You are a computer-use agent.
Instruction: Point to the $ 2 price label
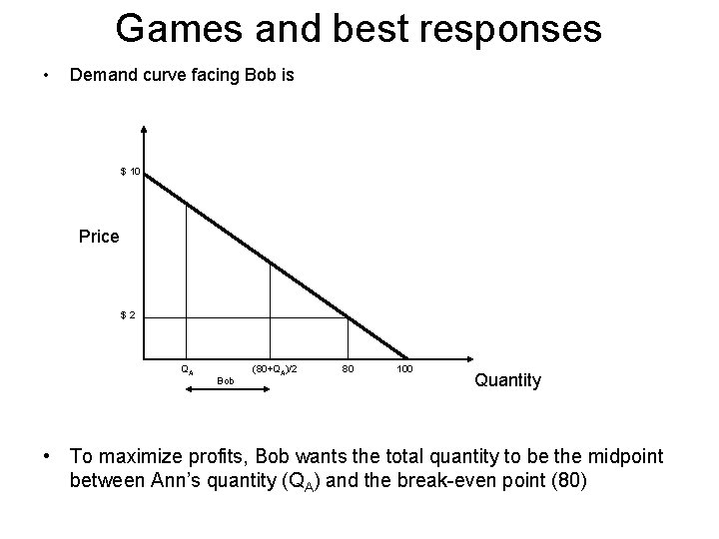[x=129, y=315]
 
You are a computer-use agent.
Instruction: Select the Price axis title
[x=99, y=237]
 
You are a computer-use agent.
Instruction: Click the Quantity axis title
[x=508, y=379]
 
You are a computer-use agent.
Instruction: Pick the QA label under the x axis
[x=187, y=368]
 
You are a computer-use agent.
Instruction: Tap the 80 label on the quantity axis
[x=349, y=368]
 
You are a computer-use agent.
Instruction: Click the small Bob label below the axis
[x=226, y=380]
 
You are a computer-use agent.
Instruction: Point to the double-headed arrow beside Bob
[x=228, y=392]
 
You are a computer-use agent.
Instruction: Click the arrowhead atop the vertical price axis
[x=145, y=129]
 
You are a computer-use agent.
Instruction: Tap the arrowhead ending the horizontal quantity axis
[x=464, y=357]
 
